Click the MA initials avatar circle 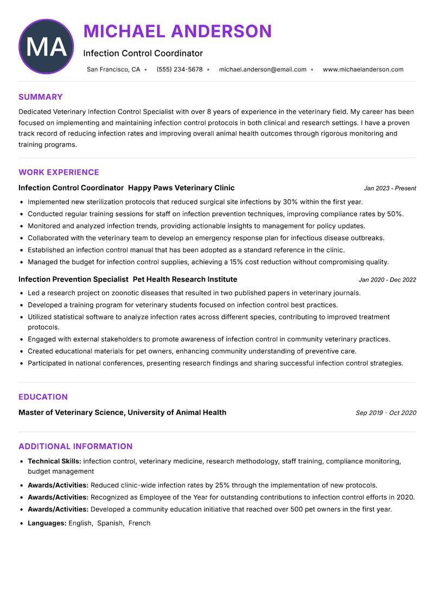(46, 47)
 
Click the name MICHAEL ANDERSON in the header (177, 31)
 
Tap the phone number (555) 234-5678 (180, 69)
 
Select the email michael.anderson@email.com (263, 69)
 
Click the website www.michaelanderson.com (363, 69)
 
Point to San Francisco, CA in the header (113, 69)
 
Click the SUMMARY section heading (41, 97)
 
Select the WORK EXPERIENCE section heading (59, 173)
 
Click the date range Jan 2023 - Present (390, 188)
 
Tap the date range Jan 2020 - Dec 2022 (387, 280)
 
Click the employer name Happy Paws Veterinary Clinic (181, 188)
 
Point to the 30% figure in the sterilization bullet (291, 202)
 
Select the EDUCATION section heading (43, 397)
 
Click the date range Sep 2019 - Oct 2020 (386, 413)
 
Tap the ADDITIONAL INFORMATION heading (75, 446)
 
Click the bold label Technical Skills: (54, 461)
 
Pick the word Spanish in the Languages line (110, 523)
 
